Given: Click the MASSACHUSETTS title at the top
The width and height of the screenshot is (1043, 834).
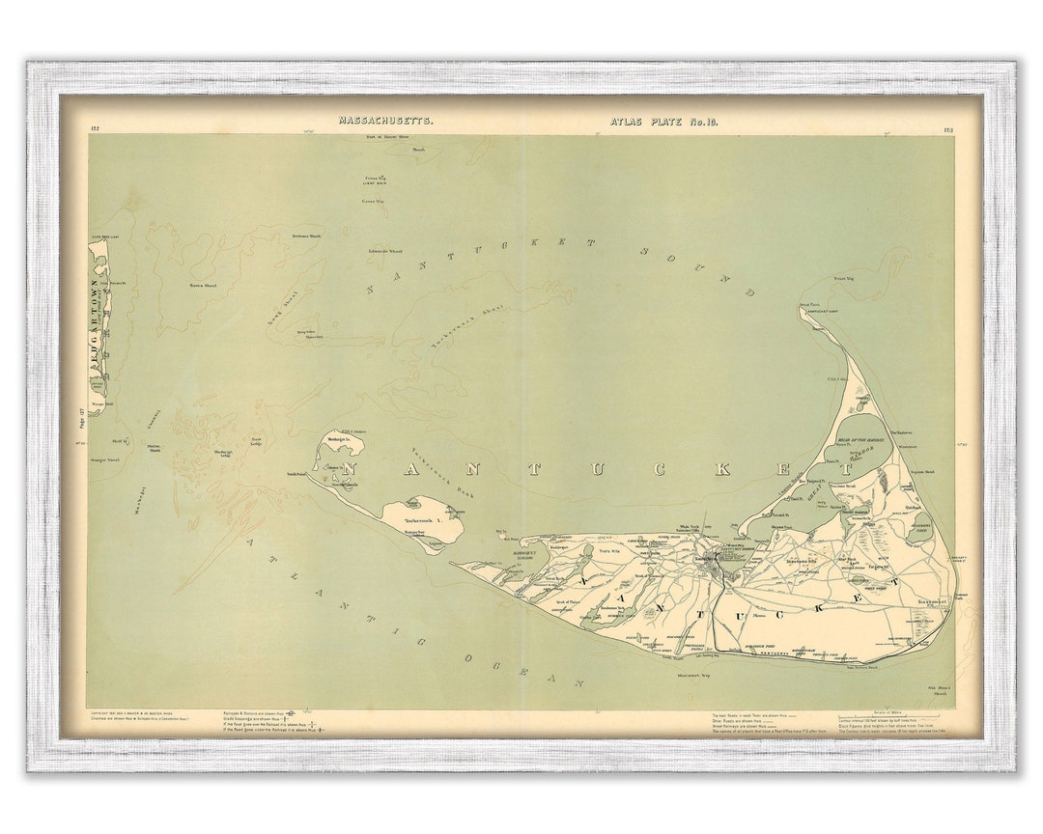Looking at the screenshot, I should coord(385,121).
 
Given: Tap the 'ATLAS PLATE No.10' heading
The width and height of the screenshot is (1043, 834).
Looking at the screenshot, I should coord(663,121).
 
